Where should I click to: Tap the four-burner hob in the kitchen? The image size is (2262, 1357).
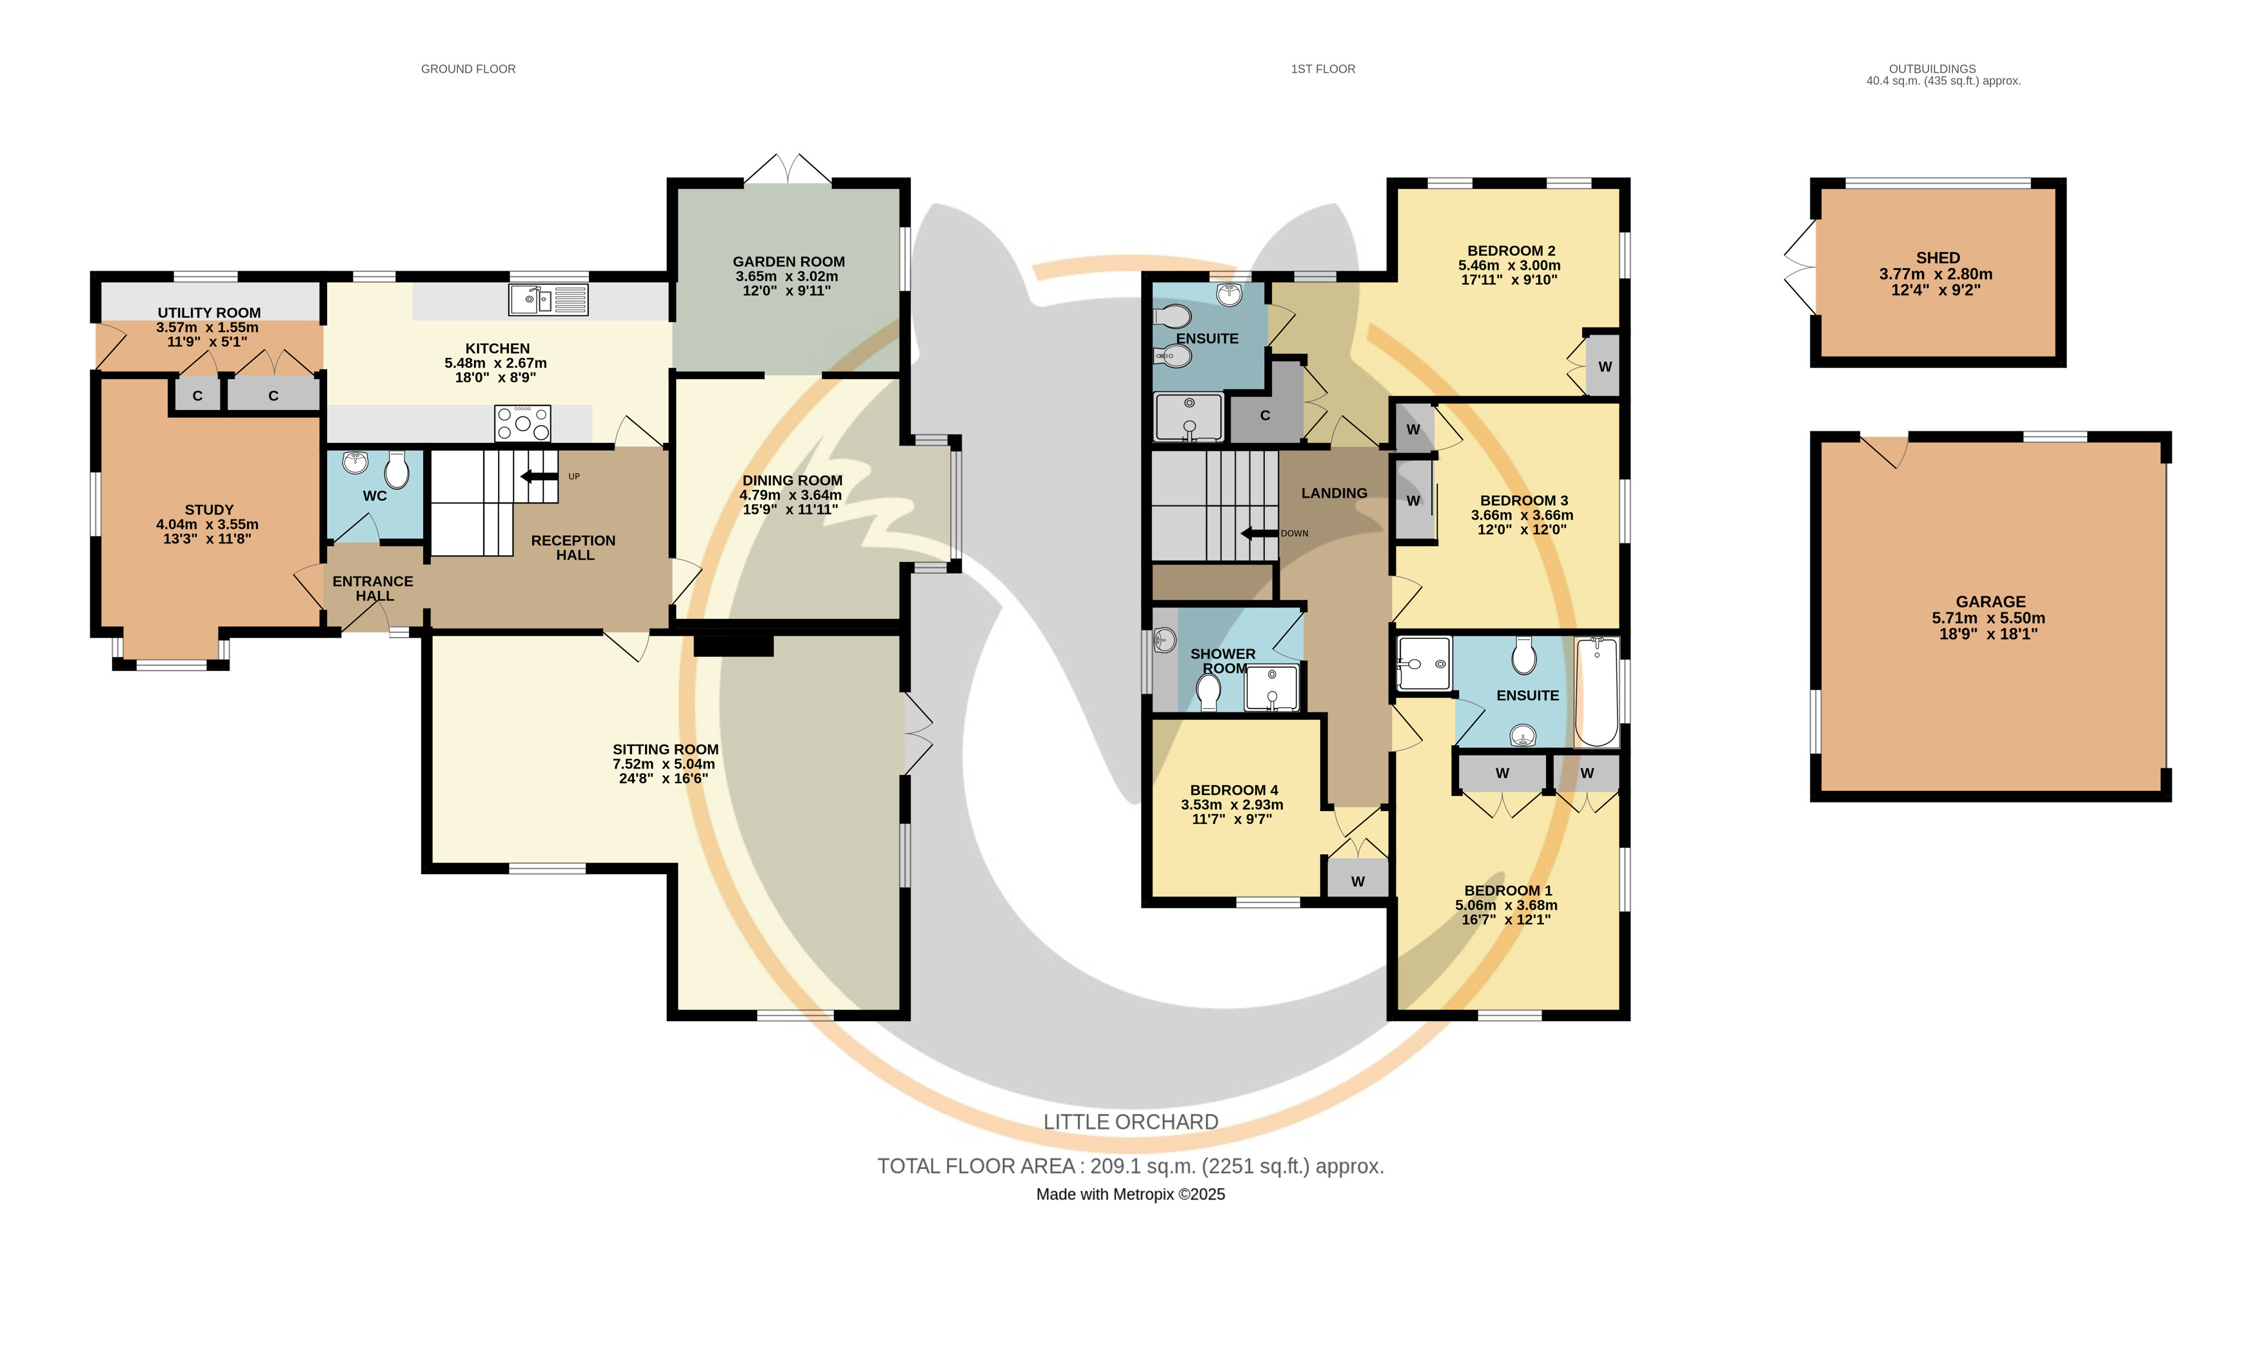(522, 424)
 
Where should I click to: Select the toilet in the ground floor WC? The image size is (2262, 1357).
(397, 470)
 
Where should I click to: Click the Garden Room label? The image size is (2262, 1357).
(788, 262)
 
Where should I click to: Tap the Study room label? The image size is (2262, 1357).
(210, 509)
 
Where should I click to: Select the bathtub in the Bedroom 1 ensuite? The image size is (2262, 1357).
(1597, 692)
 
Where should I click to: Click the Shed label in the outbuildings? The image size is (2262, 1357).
(1938, 258)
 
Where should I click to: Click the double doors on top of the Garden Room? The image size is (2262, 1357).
(788, 169)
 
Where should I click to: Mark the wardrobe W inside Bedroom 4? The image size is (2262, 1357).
(1357, 881)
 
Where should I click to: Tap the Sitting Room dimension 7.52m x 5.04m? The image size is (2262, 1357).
(664, 763)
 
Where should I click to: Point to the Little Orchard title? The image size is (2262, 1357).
(1131, 1122)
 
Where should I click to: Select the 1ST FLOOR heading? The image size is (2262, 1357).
(1323, 68)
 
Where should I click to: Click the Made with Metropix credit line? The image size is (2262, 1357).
(1131, 1195)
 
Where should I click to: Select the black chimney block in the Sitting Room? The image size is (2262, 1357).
(733, 645)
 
